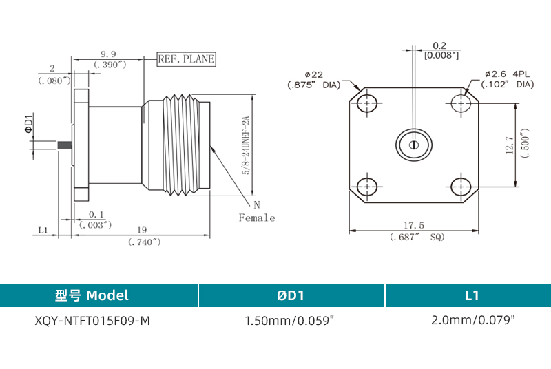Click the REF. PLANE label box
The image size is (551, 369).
click(186, 59)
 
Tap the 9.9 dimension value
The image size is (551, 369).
click(108, 53)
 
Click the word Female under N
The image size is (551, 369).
click(257, 218)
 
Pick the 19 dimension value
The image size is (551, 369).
click(141, 230)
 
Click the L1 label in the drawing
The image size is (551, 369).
click(42, 231)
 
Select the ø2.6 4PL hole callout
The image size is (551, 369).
click(508, 74)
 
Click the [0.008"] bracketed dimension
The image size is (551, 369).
click(441, 55)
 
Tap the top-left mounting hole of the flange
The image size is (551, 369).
click(369, 104)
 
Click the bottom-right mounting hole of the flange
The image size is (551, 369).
click(460, 186)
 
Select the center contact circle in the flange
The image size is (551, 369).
click(413, 145)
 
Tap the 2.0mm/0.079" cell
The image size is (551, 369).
click(472, 320)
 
